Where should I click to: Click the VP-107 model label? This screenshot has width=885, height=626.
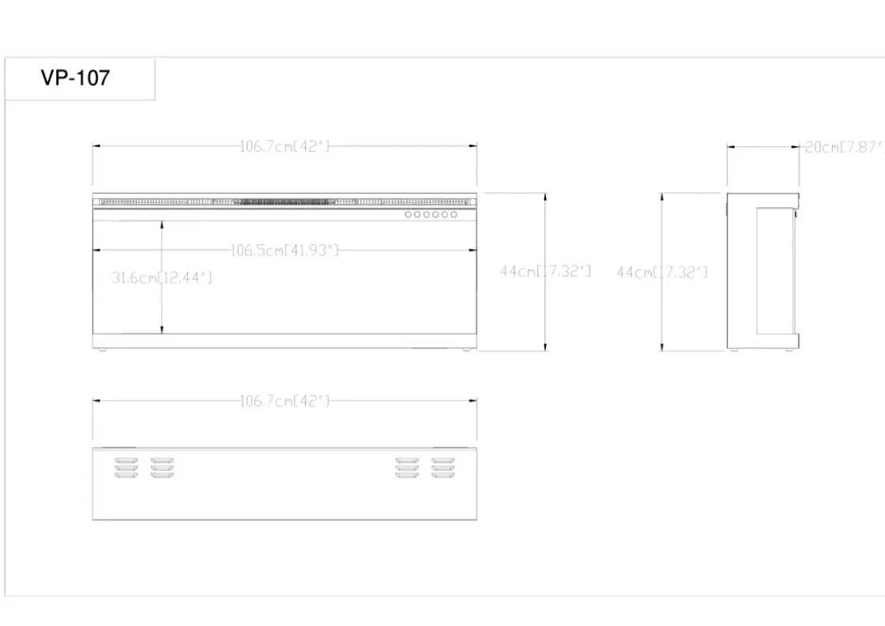[x=76, y=78]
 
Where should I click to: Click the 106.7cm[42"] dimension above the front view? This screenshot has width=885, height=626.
[x=284, y=146]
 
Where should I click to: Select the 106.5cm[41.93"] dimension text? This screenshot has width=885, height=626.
[x=285, y=250]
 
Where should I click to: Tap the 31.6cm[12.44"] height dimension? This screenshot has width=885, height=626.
[x=162, y=277]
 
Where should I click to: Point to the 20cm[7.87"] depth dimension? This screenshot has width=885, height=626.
[x=845, y=147]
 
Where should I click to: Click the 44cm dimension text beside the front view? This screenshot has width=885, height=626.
[x=545, y=271]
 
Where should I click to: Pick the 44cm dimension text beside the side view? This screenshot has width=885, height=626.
[x=662, y=272]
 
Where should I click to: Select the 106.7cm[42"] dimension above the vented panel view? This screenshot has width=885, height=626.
[x=284, y=401]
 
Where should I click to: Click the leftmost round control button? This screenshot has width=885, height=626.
[x=408, y=214]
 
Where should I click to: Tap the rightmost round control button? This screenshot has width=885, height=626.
[x=454, y=214]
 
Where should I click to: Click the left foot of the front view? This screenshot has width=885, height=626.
[x=103, y=350]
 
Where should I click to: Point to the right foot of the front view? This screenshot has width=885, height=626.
[x=466, y=350]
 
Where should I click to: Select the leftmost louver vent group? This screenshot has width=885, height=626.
[x=126, y=468]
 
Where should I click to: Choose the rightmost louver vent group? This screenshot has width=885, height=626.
[x=443, y=468]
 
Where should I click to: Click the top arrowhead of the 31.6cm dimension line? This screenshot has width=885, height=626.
[x=162, y=224]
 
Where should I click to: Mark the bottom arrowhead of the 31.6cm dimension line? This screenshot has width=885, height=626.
[x=162, y=330]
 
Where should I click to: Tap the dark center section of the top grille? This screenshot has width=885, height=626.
[x=284, y=202]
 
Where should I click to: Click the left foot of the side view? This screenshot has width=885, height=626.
[x=734, y=350]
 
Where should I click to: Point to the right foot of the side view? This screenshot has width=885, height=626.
[x=789, y=350]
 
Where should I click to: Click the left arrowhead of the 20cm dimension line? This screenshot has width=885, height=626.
[x=731, y=147]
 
